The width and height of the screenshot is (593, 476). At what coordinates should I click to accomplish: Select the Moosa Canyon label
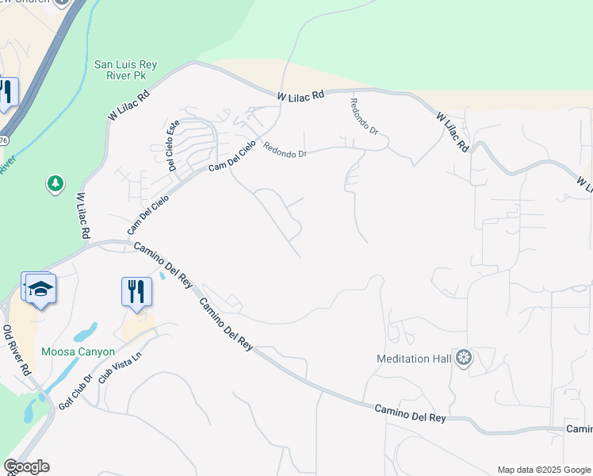click(x=78, y=351)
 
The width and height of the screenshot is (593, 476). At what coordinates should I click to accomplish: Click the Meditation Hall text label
click(x=413, y=359)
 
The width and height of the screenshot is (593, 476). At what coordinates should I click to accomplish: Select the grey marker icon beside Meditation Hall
click(x=464, y=359)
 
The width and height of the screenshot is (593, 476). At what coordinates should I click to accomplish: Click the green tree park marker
click(x=55, y=184)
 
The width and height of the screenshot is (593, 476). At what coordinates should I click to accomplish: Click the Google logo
click(x=26, y=466)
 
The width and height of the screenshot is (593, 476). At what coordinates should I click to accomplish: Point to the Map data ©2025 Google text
click(x=543, y=470)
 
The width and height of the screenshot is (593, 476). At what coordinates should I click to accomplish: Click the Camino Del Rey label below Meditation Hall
click(x=411, y=412)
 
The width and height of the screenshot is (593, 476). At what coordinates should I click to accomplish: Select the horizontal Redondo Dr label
click(x=285, y=150)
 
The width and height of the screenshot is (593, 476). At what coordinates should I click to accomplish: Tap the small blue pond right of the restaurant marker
click(x=163, y=275)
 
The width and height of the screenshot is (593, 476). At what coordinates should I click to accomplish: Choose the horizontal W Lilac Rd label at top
click(x=301, y=95)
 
